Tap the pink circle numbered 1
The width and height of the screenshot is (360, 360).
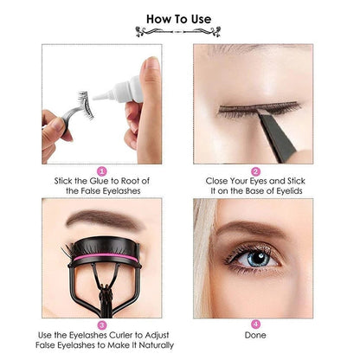point(101,171)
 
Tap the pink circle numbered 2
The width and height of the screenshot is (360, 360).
point(256,171)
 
